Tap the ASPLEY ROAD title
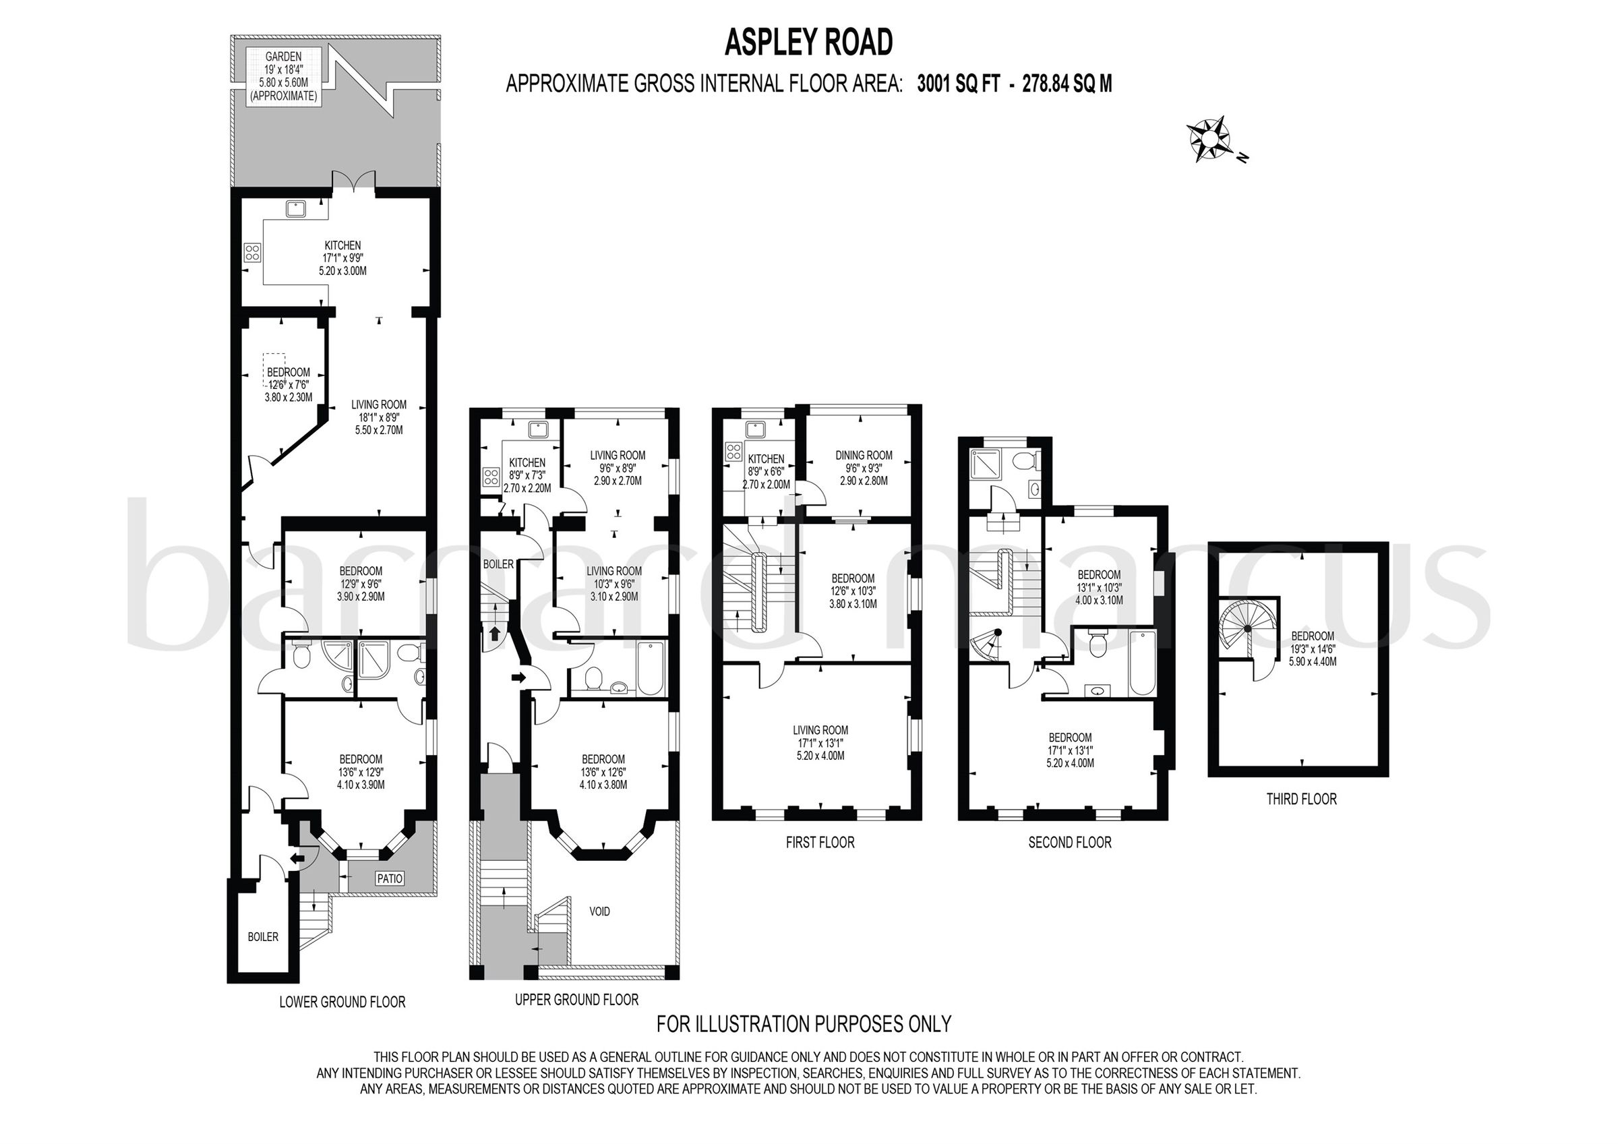tap(808, 43)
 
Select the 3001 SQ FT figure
tap(958, 84)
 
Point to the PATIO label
tap(390, 878)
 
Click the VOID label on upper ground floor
tap(599, 911)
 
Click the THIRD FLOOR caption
tap(1301, 799)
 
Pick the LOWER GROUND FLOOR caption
tap(342, 1001)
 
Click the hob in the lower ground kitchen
tap(252, 252)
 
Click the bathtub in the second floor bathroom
tap(1140, 663)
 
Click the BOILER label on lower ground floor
tap(263, 936)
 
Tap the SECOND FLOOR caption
tap(1069, 841)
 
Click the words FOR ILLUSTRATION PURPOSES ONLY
tap(804, 1023)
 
